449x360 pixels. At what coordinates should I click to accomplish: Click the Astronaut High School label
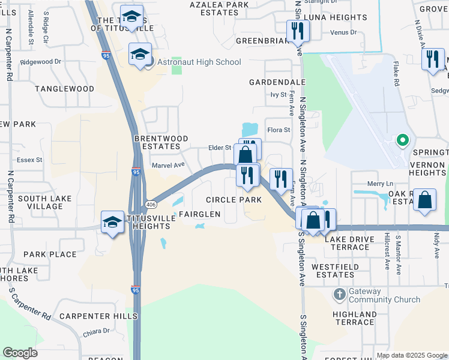tap(199, 62)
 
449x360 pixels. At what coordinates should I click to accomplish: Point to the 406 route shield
tap(151, 204)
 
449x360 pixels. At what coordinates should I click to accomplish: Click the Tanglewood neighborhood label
tap(65, 89)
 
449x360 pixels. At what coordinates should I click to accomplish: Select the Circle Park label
tap(234, 199)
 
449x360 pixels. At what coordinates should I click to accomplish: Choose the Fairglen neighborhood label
tap(198, 214)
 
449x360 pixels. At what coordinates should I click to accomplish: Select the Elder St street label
tap(219, 148)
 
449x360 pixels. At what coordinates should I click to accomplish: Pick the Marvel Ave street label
tap(168, 166)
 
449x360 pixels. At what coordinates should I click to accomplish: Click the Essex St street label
tap(29, 160)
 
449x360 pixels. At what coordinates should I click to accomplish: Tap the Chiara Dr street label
tap(97, 331)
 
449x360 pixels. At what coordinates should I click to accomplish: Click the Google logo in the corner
tap(20, 353)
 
